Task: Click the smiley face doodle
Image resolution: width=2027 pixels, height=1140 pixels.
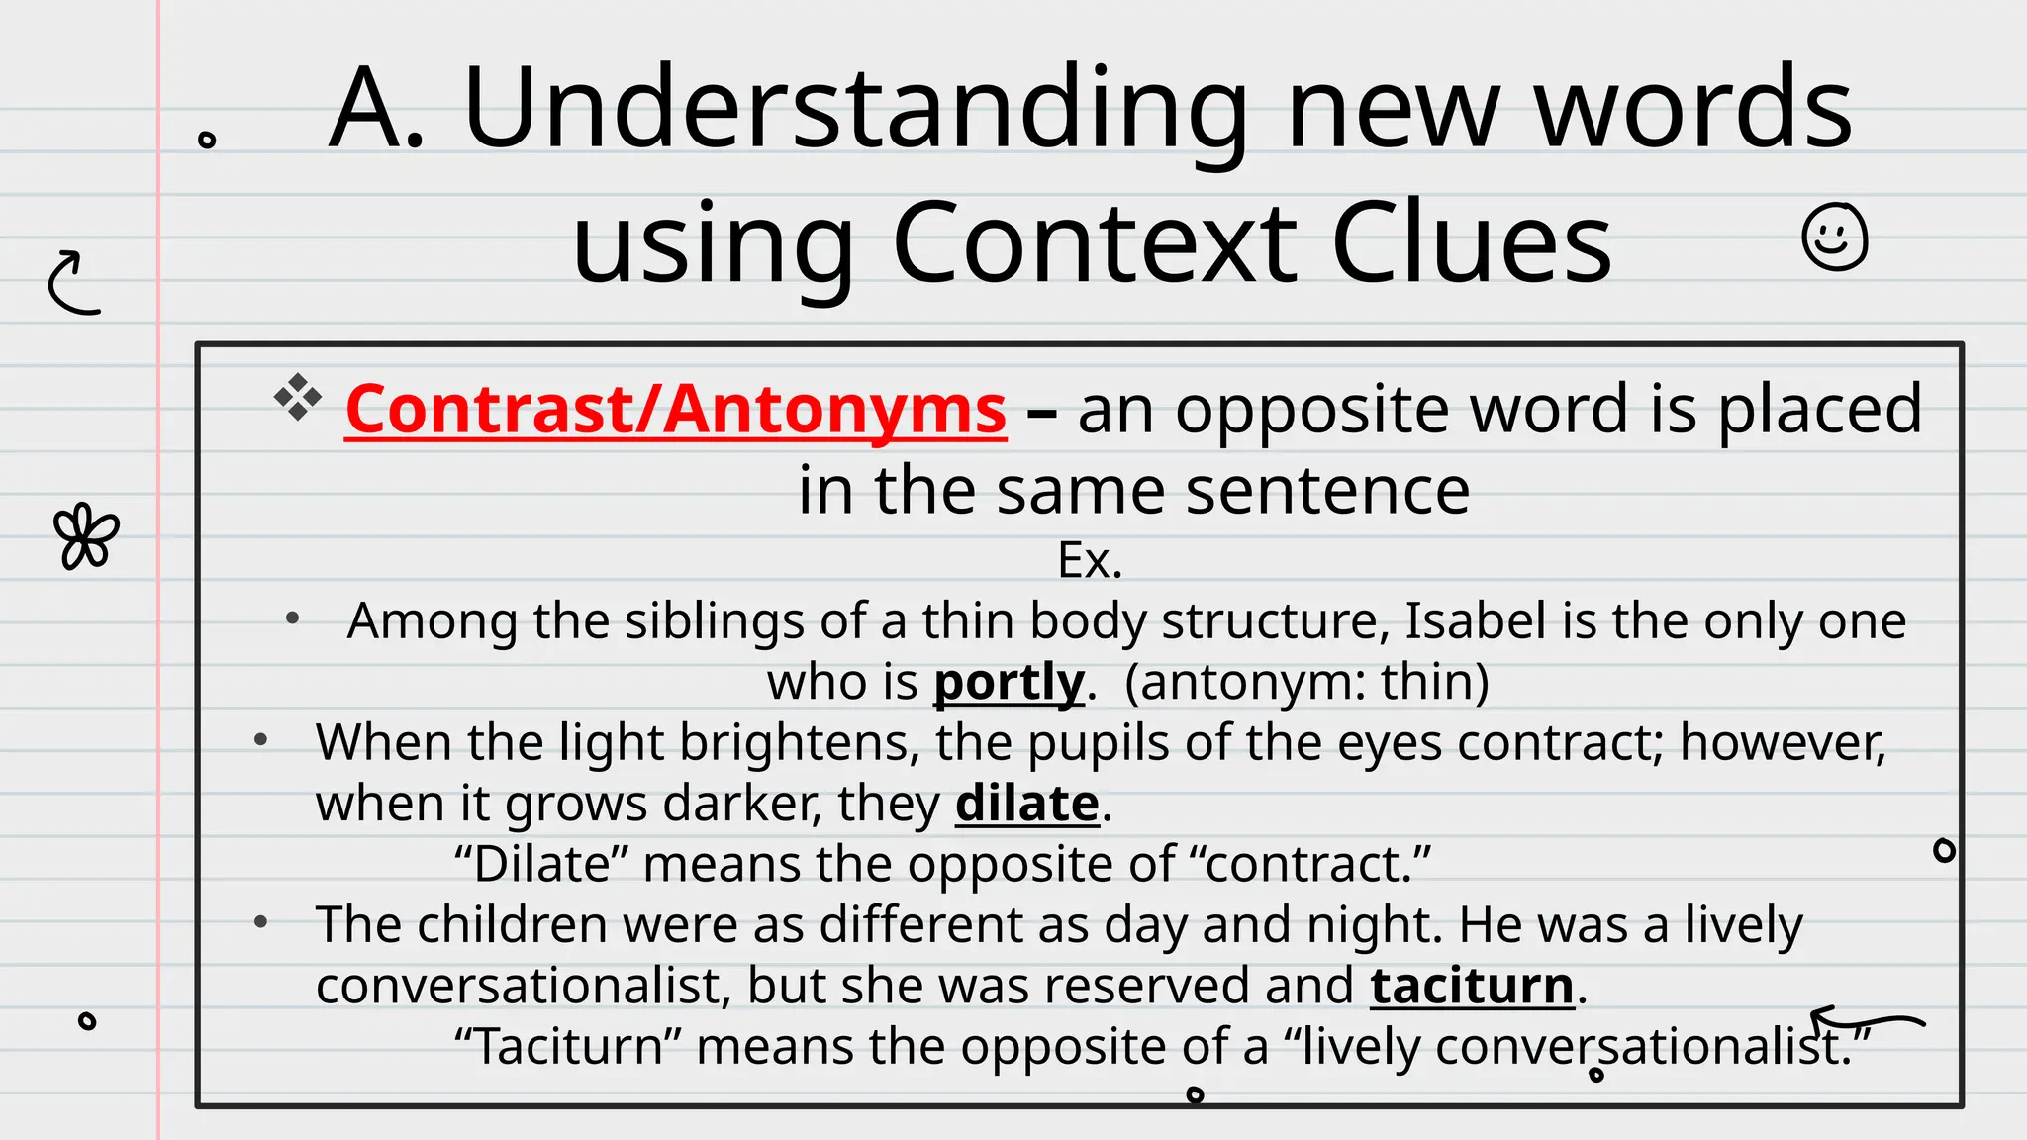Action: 1834,237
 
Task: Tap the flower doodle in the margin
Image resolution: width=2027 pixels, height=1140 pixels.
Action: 86,536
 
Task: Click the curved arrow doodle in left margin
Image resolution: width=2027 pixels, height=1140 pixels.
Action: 74,283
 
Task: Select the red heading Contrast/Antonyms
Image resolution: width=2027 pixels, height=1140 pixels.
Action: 675,410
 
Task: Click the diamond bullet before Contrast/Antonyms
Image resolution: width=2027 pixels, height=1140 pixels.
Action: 298,398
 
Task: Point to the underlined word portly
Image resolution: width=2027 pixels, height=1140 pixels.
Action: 1009,682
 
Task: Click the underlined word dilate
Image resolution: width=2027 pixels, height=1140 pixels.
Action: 1026,803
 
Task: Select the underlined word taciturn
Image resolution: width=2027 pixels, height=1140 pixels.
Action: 1472,986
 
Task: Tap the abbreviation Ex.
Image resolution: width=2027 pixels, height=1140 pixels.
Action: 1090,561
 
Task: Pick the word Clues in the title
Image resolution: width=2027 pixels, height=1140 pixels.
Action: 1472,243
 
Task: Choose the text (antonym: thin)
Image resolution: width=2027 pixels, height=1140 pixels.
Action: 1306,682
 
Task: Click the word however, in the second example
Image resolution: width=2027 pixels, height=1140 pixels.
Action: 1783,742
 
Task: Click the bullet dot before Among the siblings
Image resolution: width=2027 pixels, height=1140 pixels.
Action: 292,619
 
